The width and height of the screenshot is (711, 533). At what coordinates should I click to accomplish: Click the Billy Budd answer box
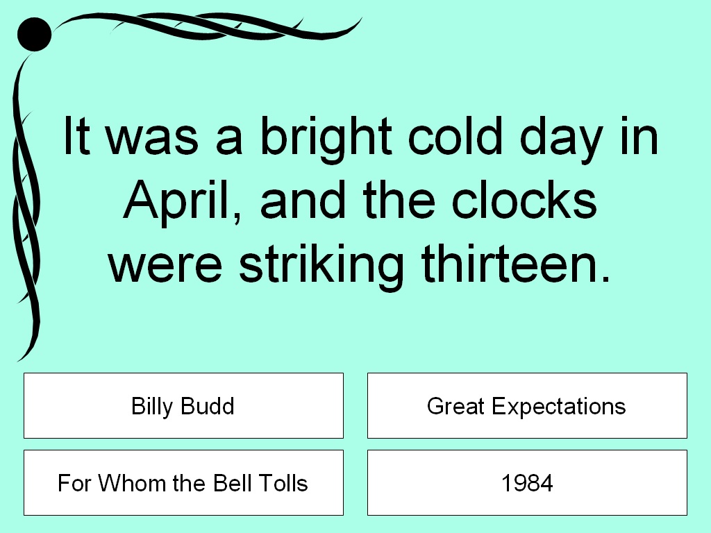[183, 405]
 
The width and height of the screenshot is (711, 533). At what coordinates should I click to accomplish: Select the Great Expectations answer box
[527, 405]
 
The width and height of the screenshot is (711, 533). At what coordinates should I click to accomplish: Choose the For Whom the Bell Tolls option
[183, 482]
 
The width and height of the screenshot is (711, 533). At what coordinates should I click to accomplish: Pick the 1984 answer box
[527, 482]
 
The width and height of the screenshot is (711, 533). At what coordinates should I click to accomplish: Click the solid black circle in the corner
[33, 34]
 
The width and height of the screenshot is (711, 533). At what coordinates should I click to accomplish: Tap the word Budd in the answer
[206, 405]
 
